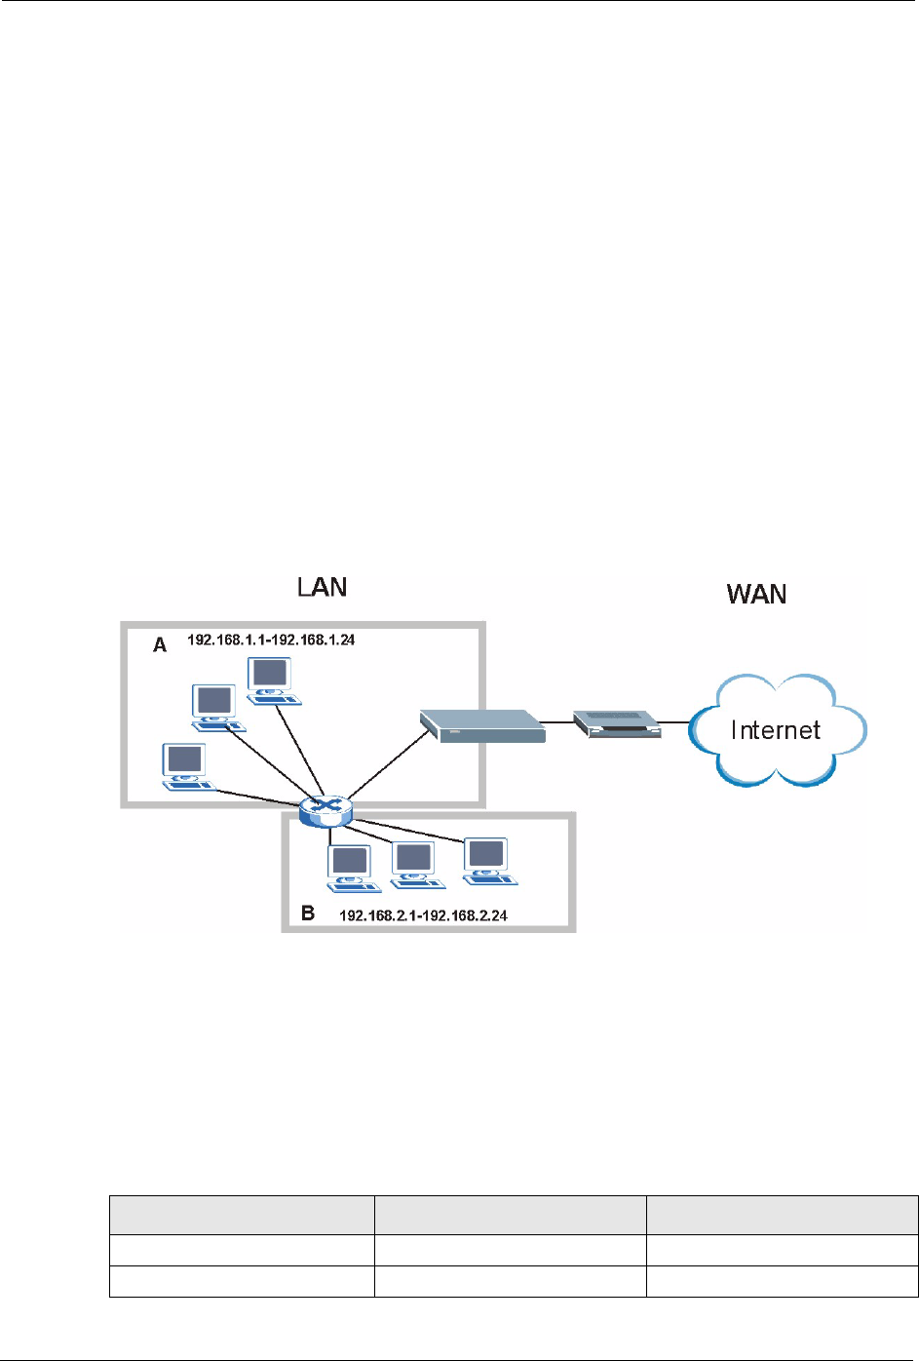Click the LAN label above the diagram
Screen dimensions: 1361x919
[322, 587]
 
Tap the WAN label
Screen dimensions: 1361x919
[756, 595]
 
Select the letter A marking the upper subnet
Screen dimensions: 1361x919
[160, 645]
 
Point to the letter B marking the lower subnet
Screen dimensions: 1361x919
[308, 914]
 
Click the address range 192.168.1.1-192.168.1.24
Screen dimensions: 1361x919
[271, 641]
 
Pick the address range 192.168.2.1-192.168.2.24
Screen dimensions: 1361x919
[423, 915]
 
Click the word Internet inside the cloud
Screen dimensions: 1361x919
[776, 730]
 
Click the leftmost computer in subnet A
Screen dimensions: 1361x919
[186, 766]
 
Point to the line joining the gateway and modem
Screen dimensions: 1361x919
[558, 722]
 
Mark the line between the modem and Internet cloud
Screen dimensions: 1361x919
[675, 723]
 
